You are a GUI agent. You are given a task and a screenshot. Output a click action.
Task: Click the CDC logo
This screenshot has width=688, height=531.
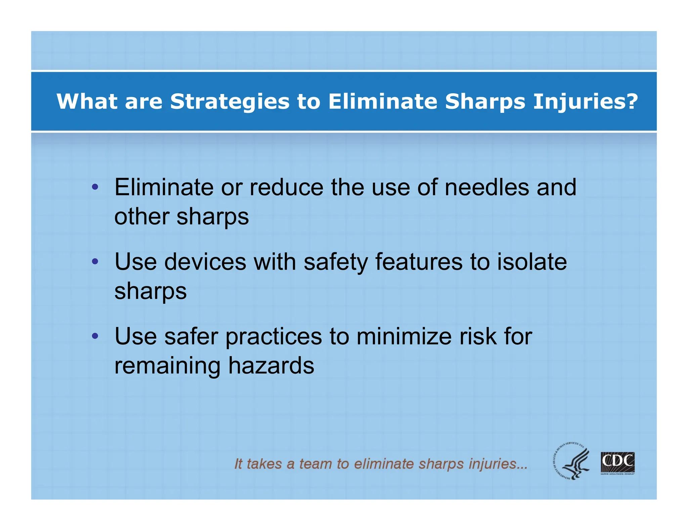(617, 463)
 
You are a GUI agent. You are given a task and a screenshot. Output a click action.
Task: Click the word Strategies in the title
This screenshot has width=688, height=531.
(229, 102)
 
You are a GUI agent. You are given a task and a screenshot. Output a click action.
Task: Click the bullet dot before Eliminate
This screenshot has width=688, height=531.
(95, 187)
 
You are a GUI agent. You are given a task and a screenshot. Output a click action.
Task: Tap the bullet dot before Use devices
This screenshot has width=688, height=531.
(95, 261)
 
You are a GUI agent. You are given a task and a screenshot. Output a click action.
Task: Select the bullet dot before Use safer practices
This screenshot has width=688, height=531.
(95, 336)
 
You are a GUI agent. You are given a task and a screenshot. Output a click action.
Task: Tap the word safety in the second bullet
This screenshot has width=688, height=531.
(336, 262)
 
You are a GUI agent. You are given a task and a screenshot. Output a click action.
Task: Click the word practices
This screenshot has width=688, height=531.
(273, 337)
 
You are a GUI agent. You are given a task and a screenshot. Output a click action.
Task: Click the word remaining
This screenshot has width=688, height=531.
(167, 366)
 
